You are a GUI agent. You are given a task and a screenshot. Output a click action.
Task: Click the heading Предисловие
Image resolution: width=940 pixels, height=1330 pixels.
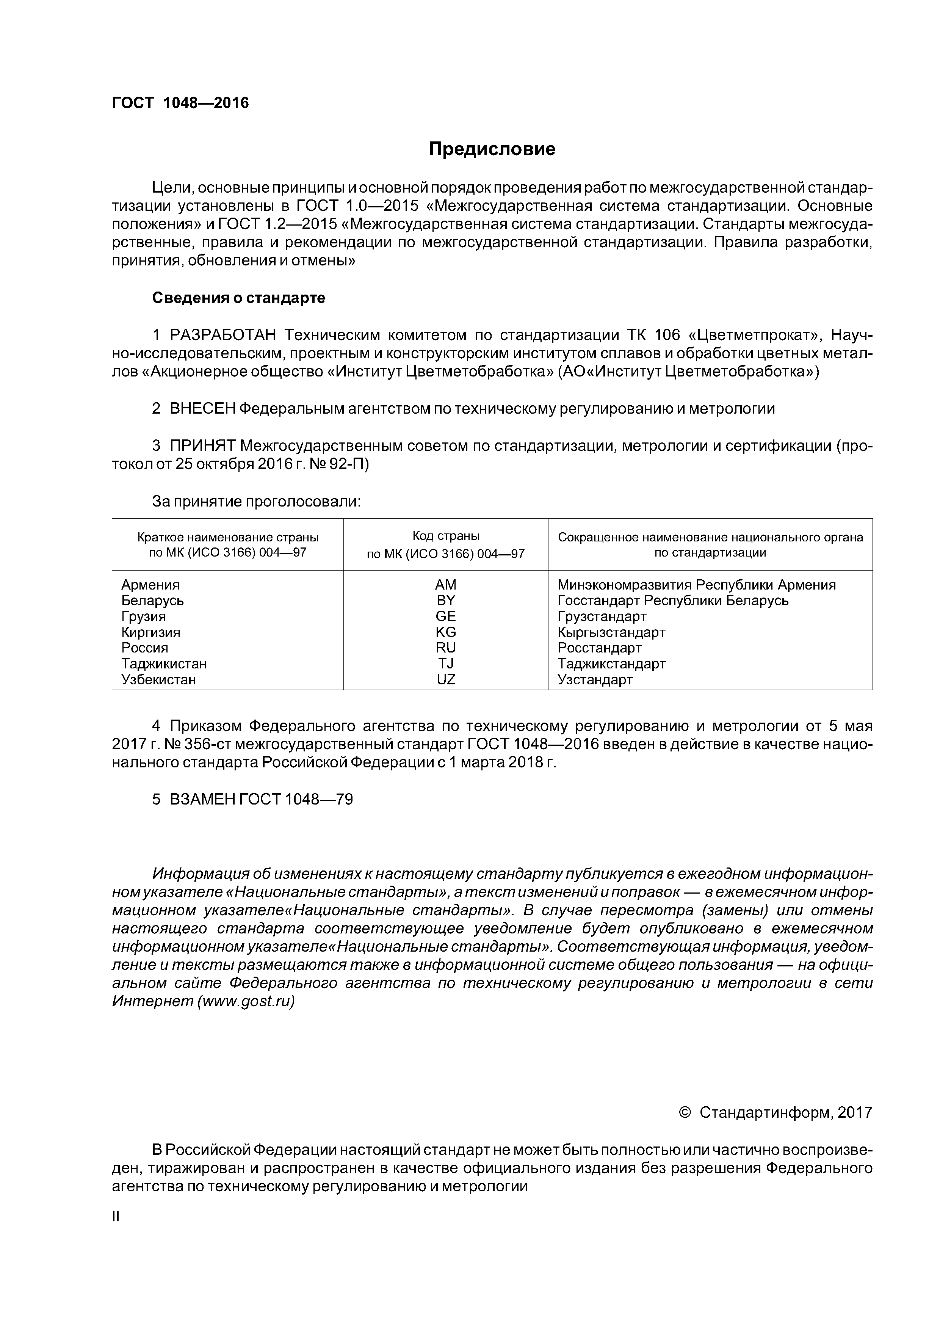point(492,149)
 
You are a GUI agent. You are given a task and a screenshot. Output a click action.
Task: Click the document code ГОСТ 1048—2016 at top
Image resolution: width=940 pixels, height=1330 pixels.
point(180,103)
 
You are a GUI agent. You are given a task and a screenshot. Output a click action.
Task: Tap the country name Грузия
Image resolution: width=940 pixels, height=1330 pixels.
point(144,616)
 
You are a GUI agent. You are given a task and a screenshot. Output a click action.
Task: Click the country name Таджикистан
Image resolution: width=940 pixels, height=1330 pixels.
point(164,664)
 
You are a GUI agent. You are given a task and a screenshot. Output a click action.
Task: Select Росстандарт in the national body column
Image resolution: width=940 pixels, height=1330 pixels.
point(600,648)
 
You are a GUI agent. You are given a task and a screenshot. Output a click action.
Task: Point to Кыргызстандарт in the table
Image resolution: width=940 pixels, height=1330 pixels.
point(612,632)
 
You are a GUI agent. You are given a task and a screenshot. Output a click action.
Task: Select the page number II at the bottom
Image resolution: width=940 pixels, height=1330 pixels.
point(115,1217)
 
